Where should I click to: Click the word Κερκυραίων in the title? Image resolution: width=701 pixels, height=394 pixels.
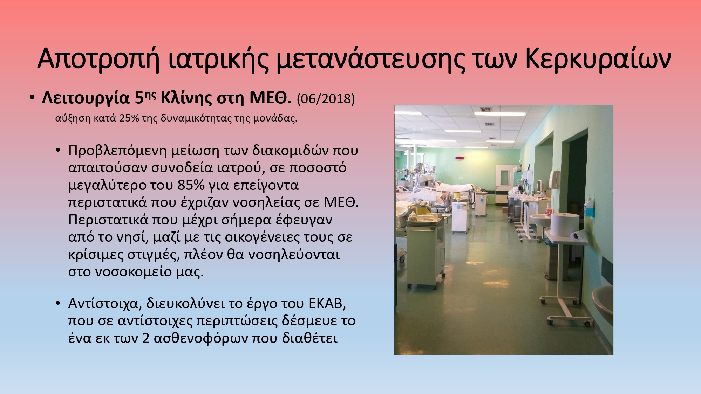click(598, 58)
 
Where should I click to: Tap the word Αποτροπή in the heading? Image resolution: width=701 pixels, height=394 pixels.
click(98, 58)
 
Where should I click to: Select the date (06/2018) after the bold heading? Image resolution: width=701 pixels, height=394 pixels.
click(326, 99)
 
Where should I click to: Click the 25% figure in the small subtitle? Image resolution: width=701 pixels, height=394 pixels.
click(129, 118)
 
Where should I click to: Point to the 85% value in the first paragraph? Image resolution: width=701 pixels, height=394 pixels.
click(191, 185)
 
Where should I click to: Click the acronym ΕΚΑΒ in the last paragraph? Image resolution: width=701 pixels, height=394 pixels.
click(327, 304)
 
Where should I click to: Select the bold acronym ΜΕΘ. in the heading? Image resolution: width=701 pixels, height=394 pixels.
click(270, 98)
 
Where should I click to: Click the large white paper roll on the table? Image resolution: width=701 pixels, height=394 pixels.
click(564, 224)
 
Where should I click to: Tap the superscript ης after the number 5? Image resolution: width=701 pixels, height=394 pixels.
click(150, 95)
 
